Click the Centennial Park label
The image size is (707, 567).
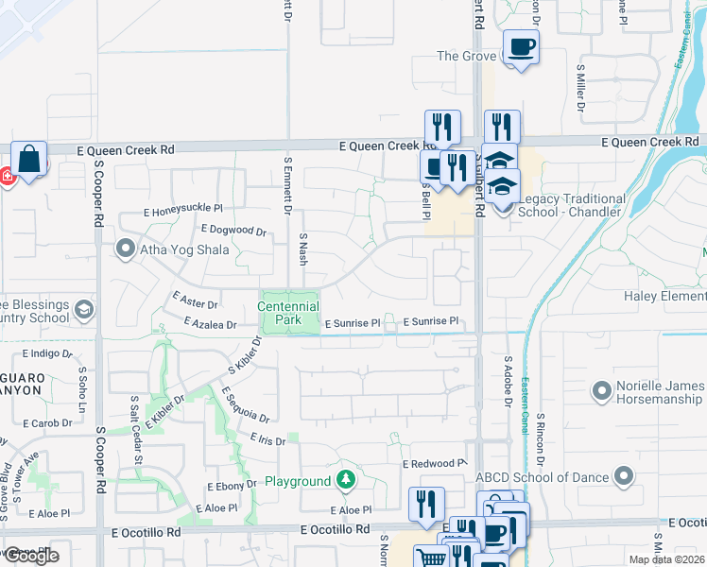[289, 313]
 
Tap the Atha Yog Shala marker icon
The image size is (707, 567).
[126, 249]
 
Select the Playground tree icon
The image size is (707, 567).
[346, 481]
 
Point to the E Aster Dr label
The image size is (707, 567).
[196, 301]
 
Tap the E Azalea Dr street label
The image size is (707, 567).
[210, 323]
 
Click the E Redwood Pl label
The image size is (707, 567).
[435, 464]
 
